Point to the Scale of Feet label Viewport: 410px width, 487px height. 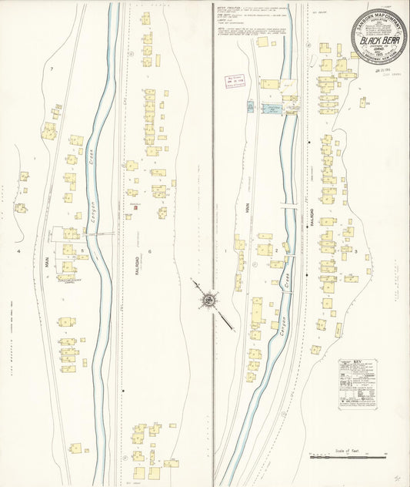(348, 450)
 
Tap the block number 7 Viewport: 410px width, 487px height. (52, 70)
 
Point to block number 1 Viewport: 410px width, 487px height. (226, 250)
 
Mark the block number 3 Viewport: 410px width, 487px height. (357, 250)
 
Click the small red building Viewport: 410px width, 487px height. (136, 207)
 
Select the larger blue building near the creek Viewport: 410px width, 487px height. (272, 109)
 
